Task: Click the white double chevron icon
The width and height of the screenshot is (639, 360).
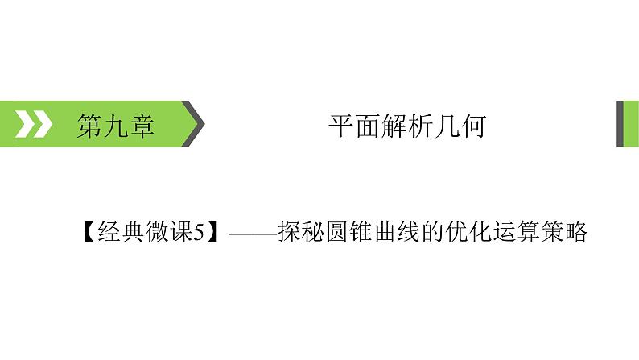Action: pyautogui.click(x=35, y=125)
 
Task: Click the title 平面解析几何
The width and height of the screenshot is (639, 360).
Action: pyautogui.click(x=406, y=126)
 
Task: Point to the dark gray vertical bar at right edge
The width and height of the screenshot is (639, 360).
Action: pyautogui.click(x=621, y=124)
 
